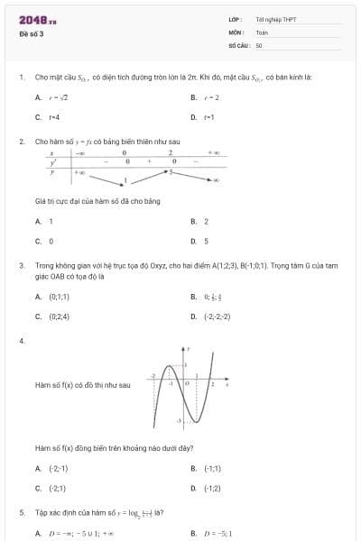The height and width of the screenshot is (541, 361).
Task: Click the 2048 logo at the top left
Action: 37,20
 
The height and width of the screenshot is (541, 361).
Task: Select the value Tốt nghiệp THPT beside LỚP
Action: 275,19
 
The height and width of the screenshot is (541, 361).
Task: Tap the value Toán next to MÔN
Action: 262,32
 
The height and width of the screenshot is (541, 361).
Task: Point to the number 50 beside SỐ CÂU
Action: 259,45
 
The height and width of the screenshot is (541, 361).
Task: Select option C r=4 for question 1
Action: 53,117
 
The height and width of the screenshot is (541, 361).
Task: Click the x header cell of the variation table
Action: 54,153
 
